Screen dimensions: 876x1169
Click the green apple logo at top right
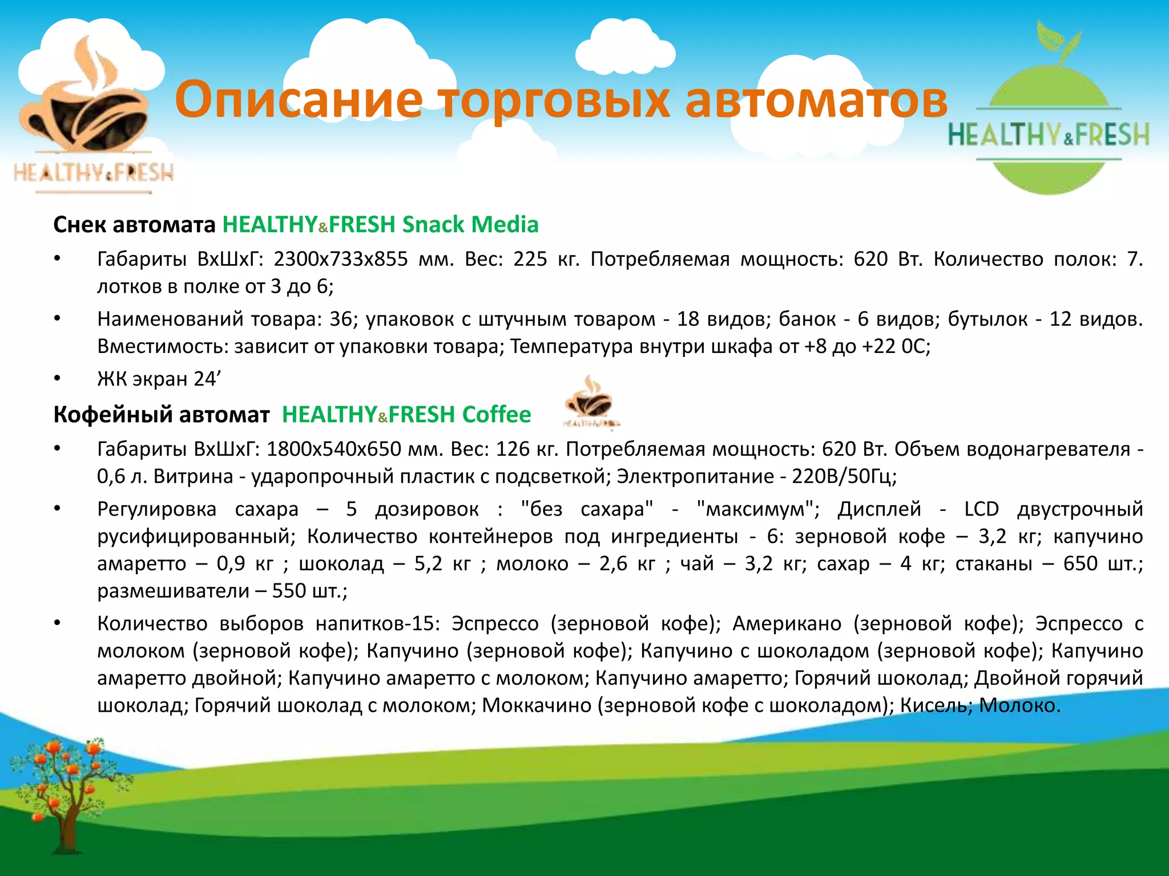point(1049,114)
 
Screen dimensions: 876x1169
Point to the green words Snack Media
point(470,225)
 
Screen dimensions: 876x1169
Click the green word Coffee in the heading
point(496,415)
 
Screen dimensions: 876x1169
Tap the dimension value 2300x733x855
point(341,259)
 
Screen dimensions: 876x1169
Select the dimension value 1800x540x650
point(334,449)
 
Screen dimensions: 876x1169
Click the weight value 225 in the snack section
point(530,259)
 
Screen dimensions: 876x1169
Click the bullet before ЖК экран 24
point(57,378)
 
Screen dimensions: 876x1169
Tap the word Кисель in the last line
point(934,705)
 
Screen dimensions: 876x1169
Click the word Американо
point(787,623)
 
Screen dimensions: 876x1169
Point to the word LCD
point(981,509)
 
